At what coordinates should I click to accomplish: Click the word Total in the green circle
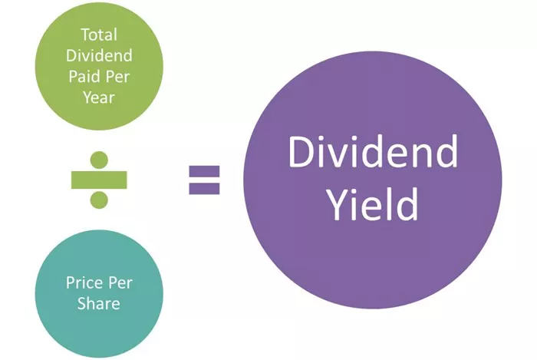tap(99, 35)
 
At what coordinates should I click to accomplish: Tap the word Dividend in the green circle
tap(99, 55)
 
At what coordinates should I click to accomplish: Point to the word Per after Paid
tap(117, 77)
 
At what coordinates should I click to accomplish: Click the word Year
tap(99, 97)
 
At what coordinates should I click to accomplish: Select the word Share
tap(99, 303)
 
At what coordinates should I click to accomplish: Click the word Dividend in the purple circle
tap(373, 151)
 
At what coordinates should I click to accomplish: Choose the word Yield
tap(373, 204)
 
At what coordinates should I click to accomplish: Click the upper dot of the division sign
tap(99, 160)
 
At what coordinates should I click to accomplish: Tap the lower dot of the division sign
tap(99, 200)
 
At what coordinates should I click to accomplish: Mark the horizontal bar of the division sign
tap(99, 180)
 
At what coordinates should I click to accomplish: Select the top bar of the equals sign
tap(205, 171)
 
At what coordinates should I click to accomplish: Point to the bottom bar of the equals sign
tap(205, 189)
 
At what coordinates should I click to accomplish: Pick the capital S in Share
tap(82, 303)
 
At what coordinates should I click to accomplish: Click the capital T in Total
tap(85, 35)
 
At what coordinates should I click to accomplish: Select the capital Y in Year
tap(88, 97)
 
